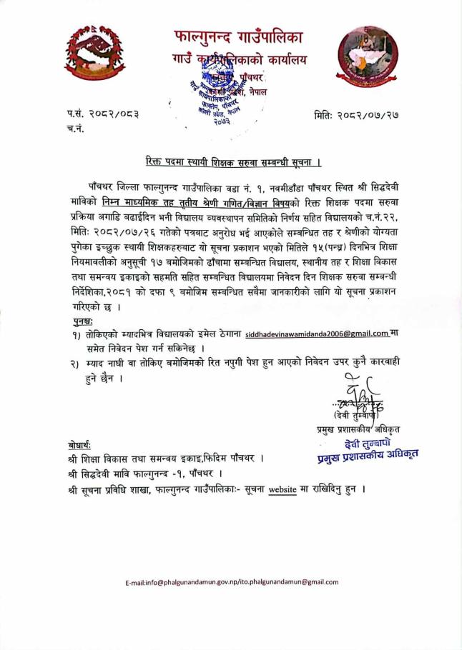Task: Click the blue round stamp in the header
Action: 221,100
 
